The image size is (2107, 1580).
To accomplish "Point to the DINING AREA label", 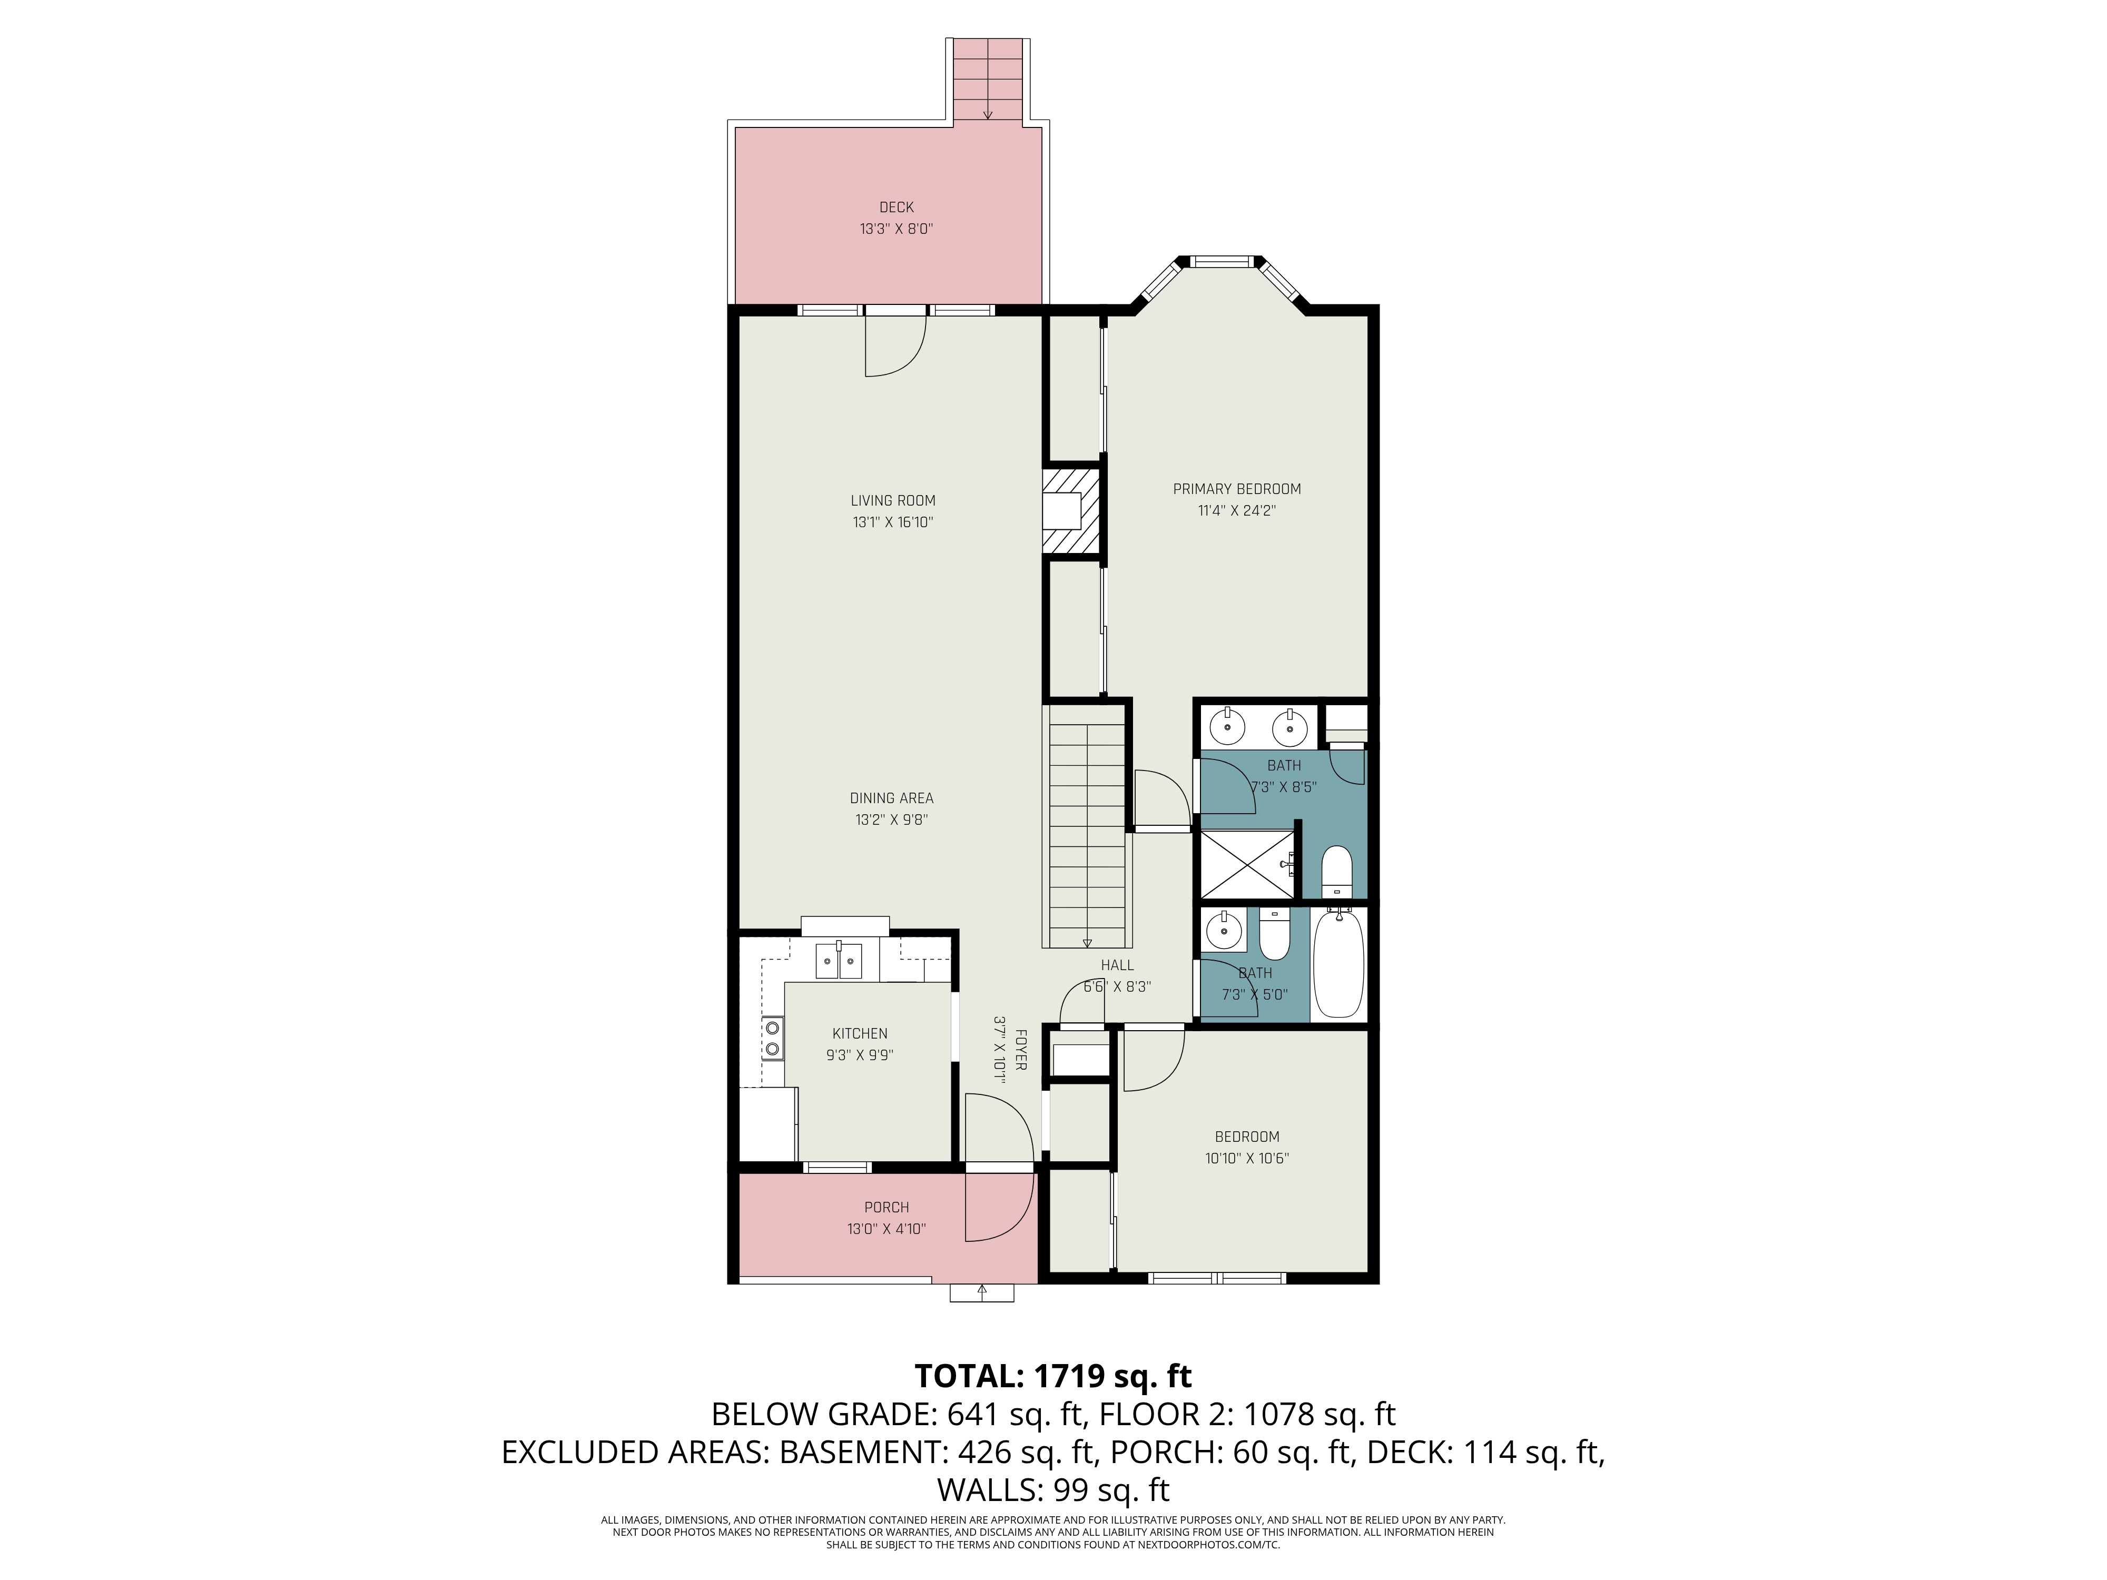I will click(x=892, y=798).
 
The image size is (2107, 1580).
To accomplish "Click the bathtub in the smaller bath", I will click(x=1338, y=964).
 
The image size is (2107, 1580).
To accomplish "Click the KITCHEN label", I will click(x=859, y=1033).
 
